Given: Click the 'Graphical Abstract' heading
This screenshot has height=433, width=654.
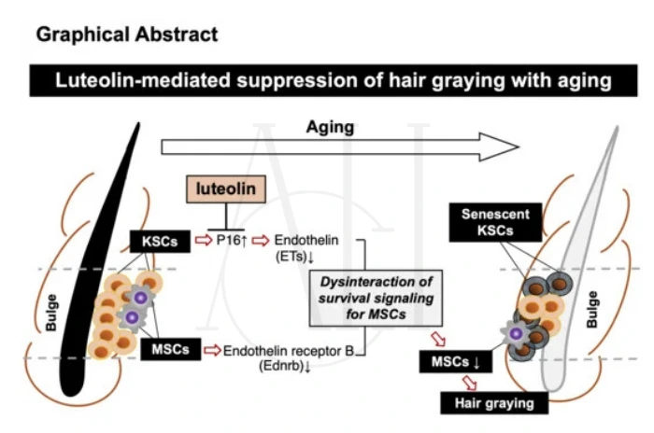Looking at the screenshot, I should click(x=126, y=35).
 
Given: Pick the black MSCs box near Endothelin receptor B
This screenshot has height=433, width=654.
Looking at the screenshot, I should click(x=169, y=349).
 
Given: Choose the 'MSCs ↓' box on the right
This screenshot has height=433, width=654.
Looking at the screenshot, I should click(x=450, y=360).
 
